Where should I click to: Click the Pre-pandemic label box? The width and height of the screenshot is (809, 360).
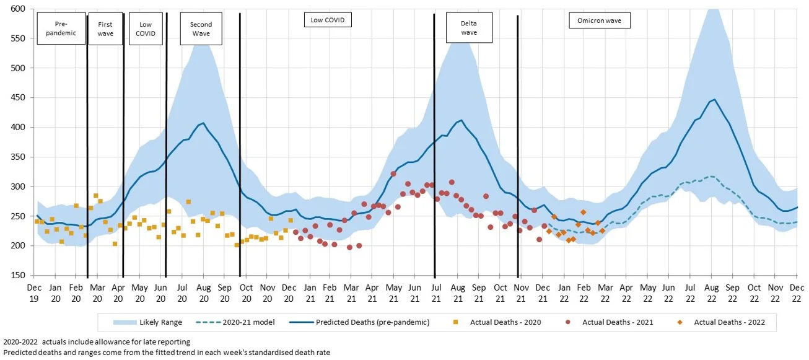tap(61, 29)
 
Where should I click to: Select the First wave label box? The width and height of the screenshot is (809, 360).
tap(105, 29)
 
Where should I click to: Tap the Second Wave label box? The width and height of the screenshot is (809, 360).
tap(201, 29)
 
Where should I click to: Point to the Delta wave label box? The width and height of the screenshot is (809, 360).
tap(469, 28)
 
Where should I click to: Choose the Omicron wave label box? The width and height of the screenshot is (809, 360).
tap(599, 20)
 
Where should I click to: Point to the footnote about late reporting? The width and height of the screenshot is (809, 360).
tap(97, 342)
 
